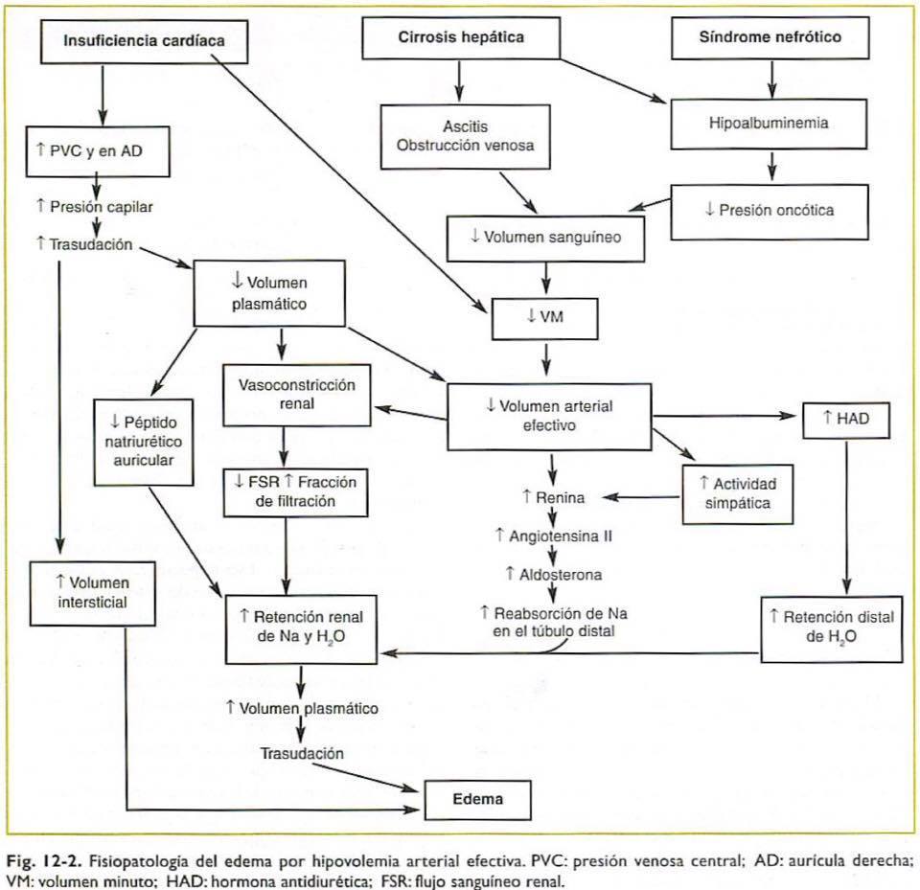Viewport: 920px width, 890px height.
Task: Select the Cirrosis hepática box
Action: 461,38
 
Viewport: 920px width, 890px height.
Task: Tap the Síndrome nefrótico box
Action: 770,38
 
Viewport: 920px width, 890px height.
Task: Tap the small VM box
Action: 544,317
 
